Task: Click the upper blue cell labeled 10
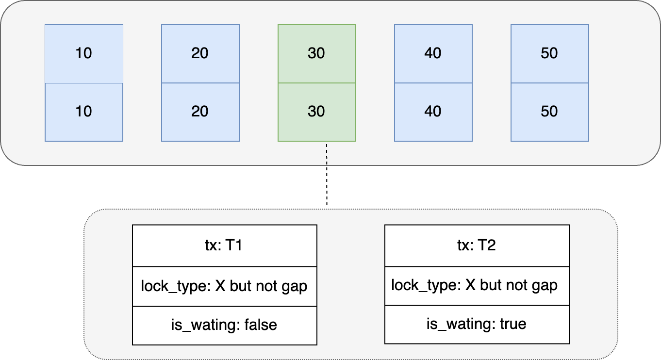click(84, 53)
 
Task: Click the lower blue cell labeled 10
click(84, 112)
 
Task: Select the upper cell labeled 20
click(200, 53)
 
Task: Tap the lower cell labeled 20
click(200, 112)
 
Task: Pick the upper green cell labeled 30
click(316, 53)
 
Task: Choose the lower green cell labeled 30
click(316, 112)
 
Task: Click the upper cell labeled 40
click(433, 53)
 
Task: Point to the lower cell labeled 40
click(433, 112)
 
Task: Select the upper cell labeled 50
click(549, 53)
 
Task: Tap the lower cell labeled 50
click(549, 112)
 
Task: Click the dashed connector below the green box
click(327, 153)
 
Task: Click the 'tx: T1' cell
click(224, 245)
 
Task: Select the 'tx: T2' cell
click(477, 245)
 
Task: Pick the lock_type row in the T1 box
click(224, 286)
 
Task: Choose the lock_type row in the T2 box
click(477, 285)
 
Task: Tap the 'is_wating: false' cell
click(224, 325)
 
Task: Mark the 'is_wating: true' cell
click(477, 324)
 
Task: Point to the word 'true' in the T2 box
click(513, 324)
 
